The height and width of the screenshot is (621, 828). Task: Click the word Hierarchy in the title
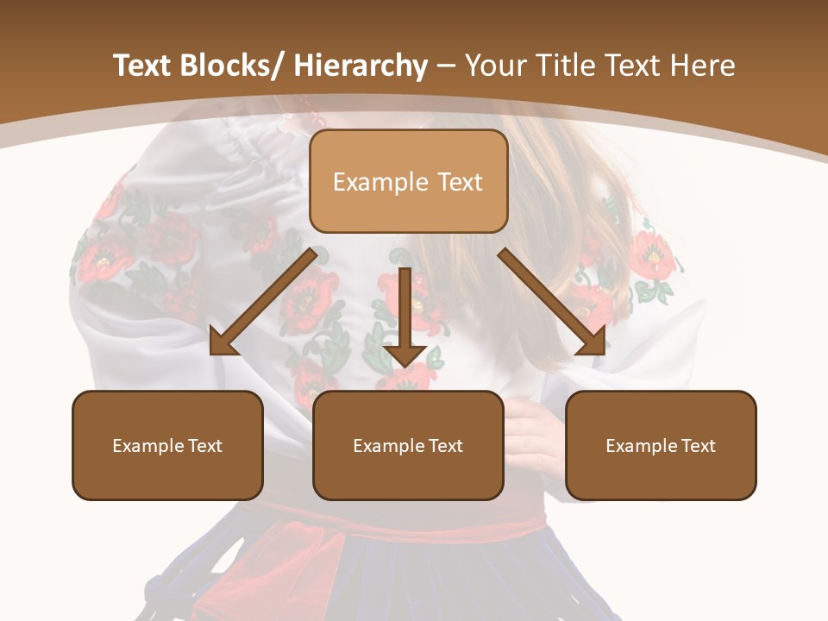[x=361, y=66]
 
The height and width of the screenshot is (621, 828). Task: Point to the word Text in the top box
[x=458, y=182]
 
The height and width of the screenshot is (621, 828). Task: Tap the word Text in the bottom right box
[x=697, y=446]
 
